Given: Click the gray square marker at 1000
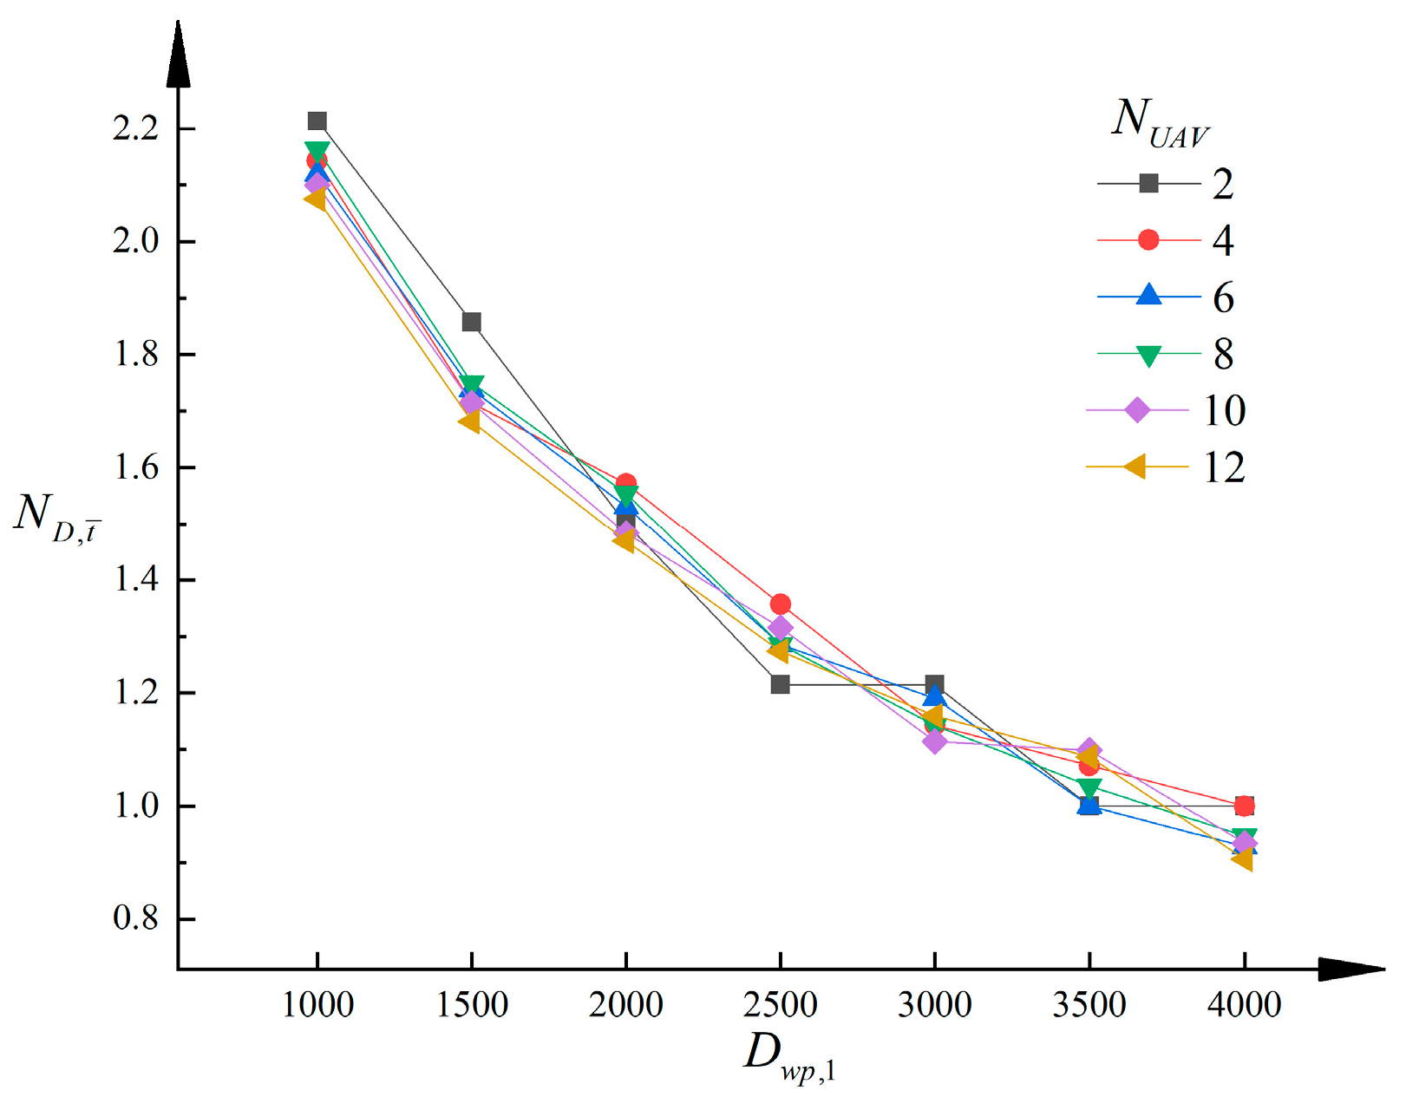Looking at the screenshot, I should pyautogui.click(x=317, y=121).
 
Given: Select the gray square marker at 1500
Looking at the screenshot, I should pyautogui.click(x=471, y=323).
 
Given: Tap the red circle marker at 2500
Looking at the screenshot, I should pyautogui.click(x=780, y=604).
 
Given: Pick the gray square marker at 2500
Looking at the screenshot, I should pyautogui.click(x=780, y=684).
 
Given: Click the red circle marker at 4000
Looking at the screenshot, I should pyautogui.click(x=1244, y=806).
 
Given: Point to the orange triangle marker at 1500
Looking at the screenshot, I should pyautogui.click(x=469, y=421).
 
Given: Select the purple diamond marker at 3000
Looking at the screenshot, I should pyautogui.click(x=934, y=741).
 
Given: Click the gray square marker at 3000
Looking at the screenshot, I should pyautogui.click(x=934, y=684).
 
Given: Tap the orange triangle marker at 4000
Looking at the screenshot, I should pyautogui.click(x=1242, y=859).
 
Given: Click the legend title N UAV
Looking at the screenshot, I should pyautogui.click(x=1159, y=122).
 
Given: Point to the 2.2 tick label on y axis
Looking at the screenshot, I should pyautogui.click(x=136, y=128).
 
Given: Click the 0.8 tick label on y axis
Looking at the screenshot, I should pyautogui.click(x=136, y=918).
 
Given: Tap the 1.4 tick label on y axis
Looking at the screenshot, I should pyautogui.click(x=136, y=579).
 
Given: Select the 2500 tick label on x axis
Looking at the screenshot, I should pyautogui.click(x=780, y=1005).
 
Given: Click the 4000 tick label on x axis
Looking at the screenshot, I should pyautogui.click(x=1244, y=1005).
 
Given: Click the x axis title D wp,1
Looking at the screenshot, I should pyautogui.click(x=789, y=1055).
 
